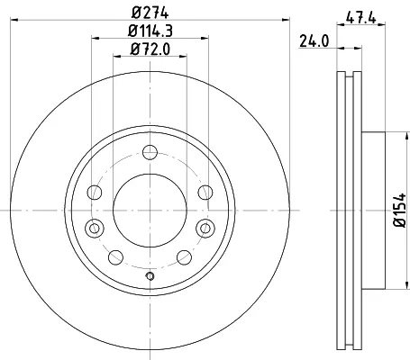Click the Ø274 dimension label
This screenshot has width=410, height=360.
150,13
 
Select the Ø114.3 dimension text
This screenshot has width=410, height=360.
150,31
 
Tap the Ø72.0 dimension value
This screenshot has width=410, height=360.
150,49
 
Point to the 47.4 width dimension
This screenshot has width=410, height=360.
360,18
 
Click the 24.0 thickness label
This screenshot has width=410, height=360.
314,41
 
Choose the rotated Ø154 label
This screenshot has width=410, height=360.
400,211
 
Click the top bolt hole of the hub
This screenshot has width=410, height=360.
150,152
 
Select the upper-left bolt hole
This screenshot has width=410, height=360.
95,193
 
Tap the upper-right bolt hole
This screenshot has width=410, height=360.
205,193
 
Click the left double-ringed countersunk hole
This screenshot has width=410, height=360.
95,229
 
